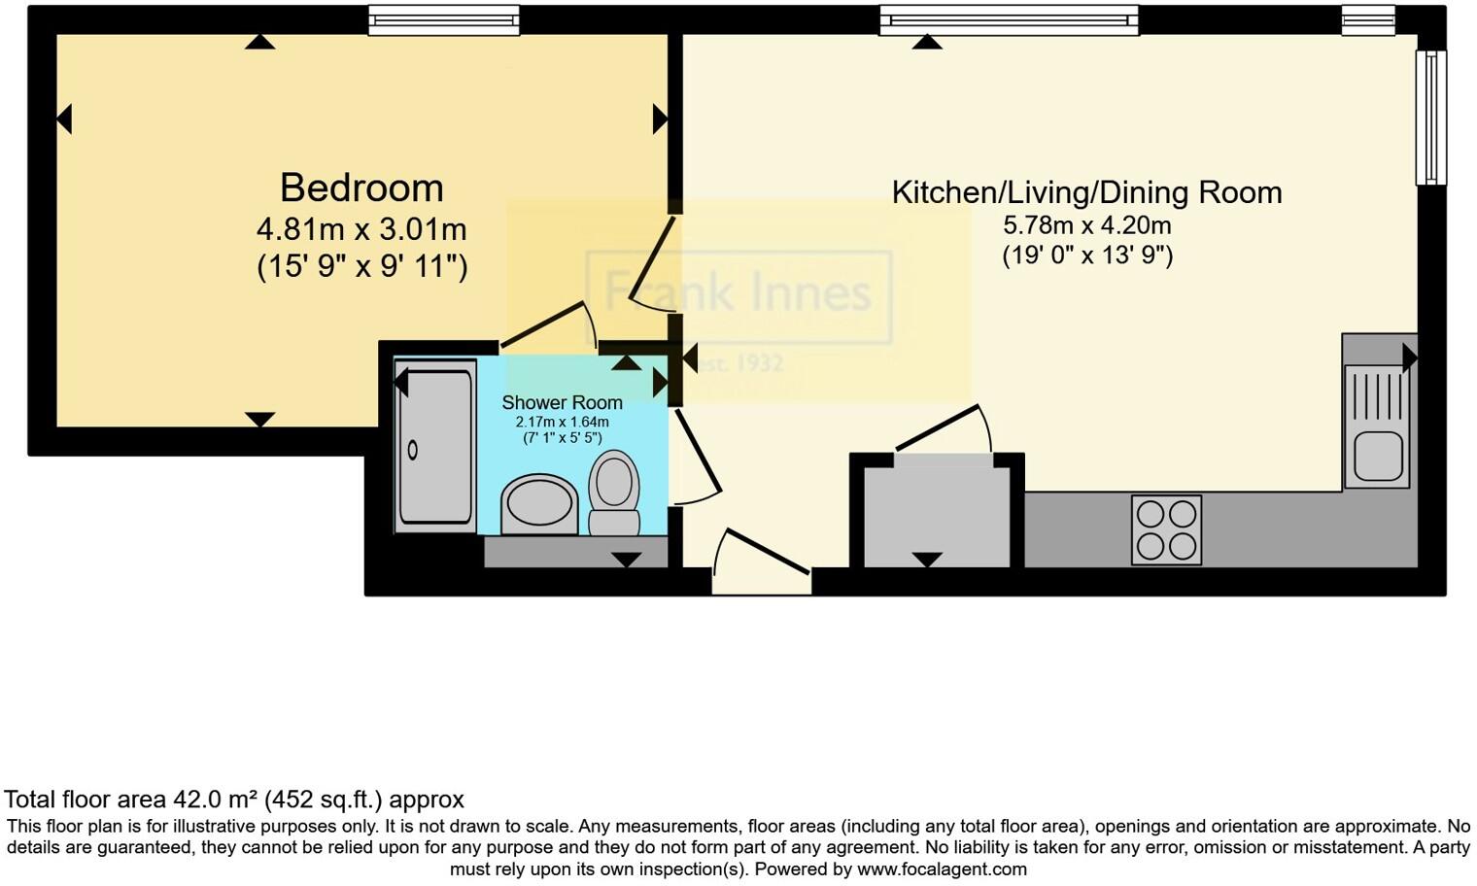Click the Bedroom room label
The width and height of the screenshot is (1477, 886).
tap(361, 187)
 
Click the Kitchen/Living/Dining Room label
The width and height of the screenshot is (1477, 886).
tap(1086, 192)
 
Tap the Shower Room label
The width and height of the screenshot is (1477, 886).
tap(562, 402)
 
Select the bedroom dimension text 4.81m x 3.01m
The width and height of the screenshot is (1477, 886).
tap(361, 229)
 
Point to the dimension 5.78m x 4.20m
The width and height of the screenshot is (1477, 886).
tap(1086, 225)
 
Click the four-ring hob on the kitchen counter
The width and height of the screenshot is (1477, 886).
tap(1166, 529)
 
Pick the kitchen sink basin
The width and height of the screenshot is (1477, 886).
tap(1376, 456)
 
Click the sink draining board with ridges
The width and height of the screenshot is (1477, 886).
tap(1375, 394)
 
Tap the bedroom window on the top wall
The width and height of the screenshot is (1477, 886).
tap(444, 18)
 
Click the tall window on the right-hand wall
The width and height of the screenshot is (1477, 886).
tap(1430, 117)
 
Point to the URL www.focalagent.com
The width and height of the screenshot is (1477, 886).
tap(942, 869)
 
